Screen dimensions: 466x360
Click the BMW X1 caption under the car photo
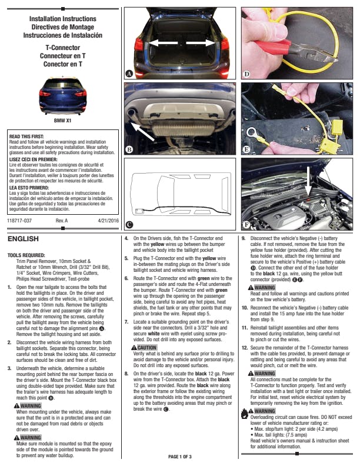[x=62, y=121]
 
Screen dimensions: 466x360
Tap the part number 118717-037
[x=19, y=220]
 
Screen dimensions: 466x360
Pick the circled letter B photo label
[x=129, y=149]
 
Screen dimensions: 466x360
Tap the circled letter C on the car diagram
[x=129, y=224]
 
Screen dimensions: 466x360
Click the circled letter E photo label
[x=246, y=149]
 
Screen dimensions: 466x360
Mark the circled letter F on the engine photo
[x=246, y=224]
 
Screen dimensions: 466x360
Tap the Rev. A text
[x=62, y=220]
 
